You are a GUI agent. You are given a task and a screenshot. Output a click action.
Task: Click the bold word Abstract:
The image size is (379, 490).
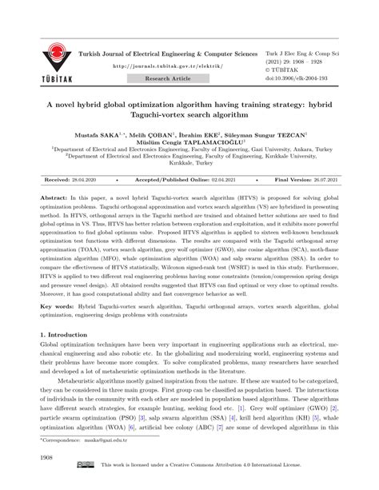(56, 196)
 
